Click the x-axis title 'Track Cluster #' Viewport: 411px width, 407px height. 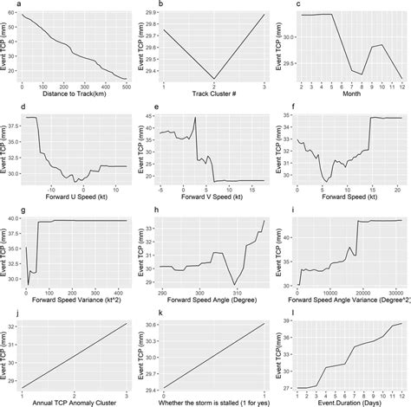point(213,94)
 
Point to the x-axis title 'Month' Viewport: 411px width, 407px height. point(351,94)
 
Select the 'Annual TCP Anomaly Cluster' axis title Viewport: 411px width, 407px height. point(75,401)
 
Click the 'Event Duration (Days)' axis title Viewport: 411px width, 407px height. point(351,401)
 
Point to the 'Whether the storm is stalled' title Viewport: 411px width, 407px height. point(213,401)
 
